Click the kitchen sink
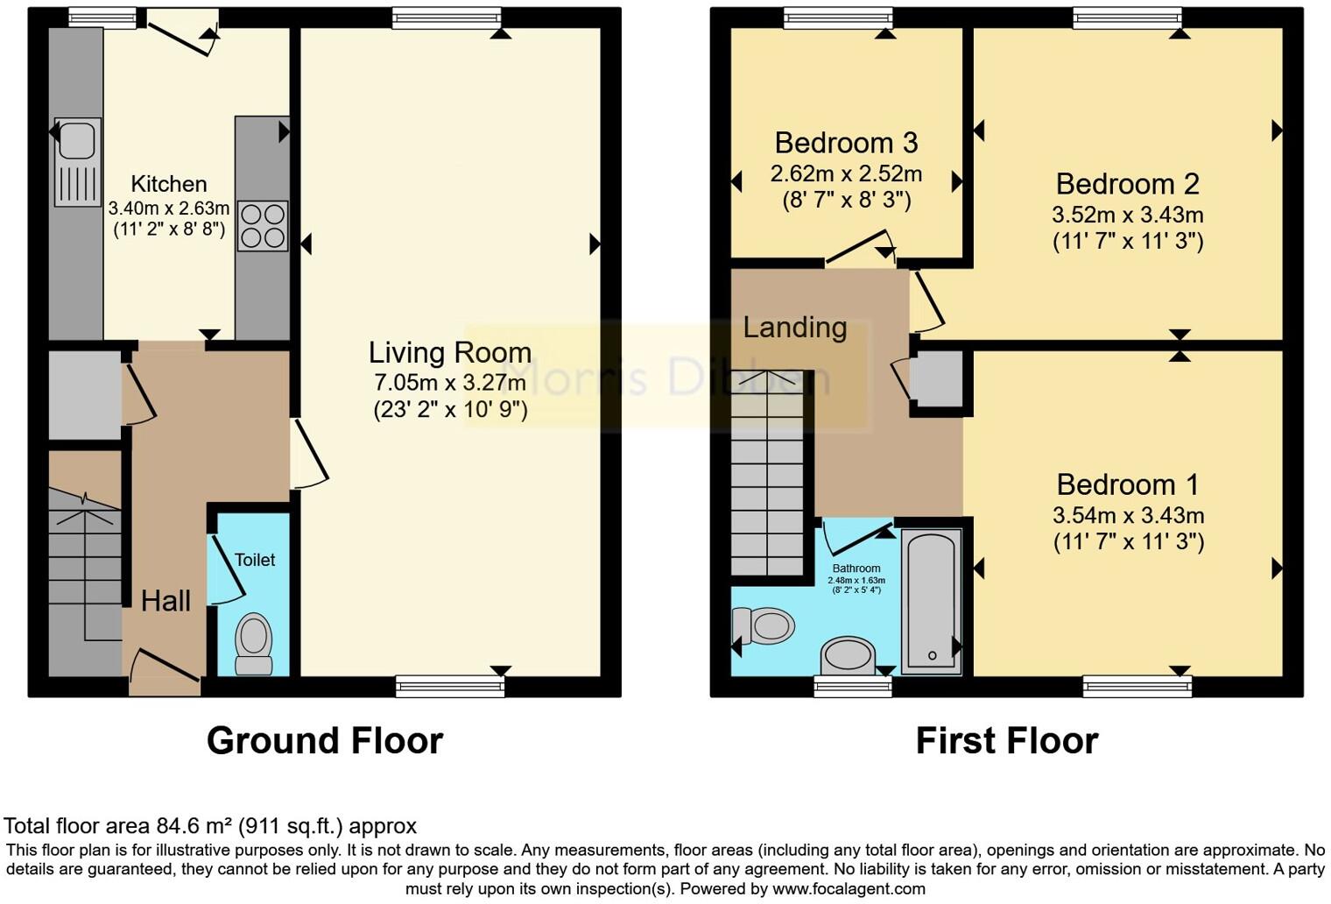coord(78,162)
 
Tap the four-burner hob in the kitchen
coord(263,226)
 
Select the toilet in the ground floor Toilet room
coord(254,644)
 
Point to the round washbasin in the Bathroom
coord(848,654)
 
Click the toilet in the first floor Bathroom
coord(764,626)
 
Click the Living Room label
coord(449,352)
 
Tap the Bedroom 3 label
coord(846,142)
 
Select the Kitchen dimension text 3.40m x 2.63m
coord(169,208)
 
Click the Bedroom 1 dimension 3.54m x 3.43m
coord(1128,516)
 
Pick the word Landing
coord(794,328)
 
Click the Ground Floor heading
coord(325,741)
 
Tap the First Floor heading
coord(1006,741)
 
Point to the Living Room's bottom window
coord(450,686)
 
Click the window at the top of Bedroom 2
coord(1126,18)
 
